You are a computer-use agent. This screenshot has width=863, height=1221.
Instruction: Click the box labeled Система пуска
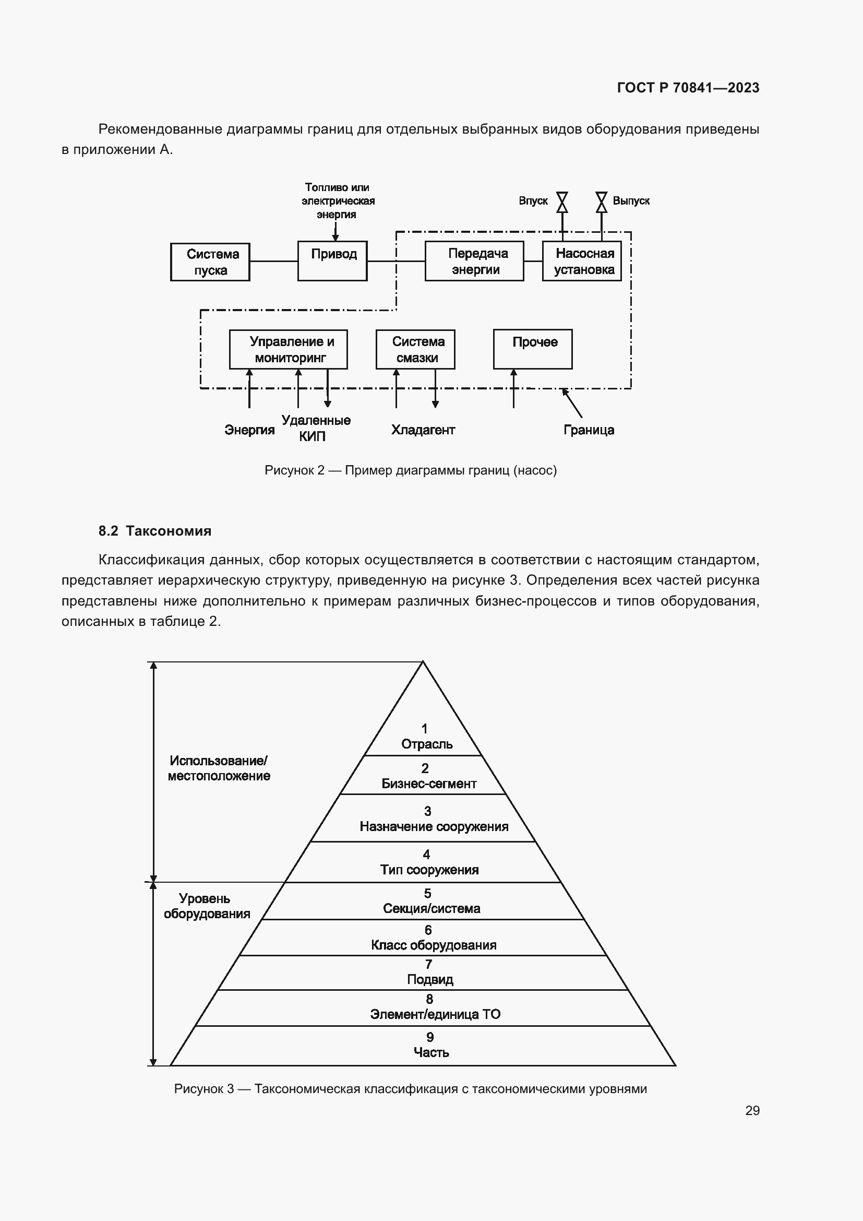[210, 262]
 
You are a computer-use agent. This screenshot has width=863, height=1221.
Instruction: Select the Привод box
[332, 260]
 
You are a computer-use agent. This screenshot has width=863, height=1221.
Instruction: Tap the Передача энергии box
[474, 260]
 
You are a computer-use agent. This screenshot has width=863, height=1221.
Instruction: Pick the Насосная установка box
[581, 260]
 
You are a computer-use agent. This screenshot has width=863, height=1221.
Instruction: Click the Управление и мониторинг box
[288, 349]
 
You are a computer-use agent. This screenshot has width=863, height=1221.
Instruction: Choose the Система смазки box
[415, 349]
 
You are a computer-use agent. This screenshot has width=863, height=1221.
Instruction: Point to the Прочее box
[533, 349]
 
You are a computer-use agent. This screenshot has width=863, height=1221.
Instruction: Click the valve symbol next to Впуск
[562, 202]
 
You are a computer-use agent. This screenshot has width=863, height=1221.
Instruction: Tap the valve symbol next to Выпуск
[601, 202]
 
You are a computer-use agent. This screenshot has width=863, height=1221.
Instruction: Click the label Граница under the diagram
[588, 430]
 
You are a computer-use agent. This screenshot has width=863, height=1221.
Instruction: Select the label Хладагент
[423, 430]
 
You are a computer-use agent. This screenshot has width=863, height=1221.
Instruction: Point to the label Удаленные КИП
[316, 428]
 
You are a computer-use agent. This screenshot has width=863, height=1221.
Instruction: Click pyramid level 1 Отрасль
[426, 737]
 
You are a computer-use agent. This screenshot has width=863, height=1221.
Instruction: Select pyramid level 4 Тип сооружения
[429, 862]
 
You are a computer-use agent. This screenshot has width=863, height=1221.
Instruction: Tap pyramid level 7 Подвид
[429, 972]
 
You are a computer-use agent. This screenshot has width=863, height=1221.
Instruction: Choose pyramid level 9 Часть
[430, 1045]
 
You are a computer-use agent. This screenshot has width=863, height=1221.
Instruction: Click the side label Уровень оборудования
[206, 906]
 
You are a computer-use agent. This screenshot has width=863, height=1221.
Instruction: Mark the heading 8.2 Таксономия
[154, 531]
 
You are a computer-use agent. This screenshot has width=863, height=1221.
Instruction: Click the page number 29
[752, 1110]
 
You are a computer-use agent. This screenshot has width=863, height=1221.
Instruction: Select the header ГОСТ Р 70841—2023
[688, 88]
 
